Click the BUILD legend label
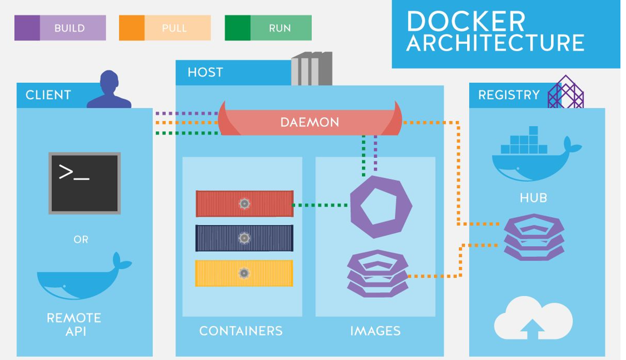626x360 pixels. tap(69, 28)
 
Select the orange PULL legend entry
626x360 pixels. tap(165, 28)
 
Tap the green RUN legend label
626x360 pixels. tap(280, 28)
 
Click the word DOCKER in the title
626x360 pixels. tap(466, 22)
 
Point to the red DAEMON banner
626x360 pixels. tap(310, 120)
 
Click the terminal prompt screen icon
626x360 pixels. tap(85, 183)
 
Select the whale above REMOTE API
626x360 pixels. tap(85, 276)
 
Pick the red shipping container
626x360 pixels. tap(244, 203)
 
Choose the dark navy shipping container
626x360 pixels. tap(244, 238)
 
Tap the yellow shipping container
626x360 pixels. tap(244, 273)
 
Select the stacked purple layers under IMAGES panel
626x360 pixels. tap(377, 273)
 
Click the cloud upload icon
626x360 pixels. tap(533, 318)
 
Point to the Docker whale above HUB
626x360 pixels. tap(536, 154)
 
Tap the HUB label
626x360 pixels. tap(533, 198)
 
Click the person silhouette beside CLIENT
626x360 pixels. tap(109, 90)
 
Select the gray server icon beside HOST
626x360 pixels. tap(312, 68)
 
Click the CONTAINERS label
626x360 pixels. tap(241, 331)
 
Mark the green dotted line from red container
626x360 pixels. tap(321, 205)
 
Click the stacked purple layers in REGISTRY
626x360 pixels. tap(534, 237)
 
